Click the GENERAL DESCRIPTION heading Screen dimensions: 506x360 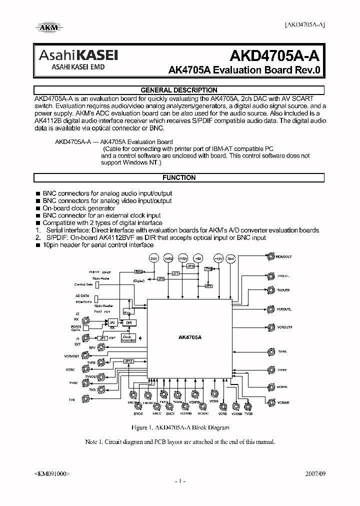(178, 90)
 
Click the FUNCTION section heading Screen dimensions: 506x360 (178, 178)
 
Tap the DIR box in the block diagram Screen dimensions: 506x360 (128, 323)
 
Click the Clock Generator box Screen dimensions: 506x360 (128, 338)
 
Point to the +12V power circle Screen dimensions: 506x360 (218, 258)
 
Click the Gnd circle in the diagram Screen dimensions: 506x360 (230, 258)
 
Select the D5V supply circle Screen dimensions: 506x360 (153, 258)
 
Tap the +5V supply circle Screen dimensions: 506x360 (197, 258)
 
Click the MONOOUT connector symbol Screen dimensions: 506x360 (270, 257)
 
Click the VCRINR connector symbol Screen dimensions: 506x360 (270, 402)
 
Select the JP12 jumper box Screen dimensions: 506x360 (128, 361)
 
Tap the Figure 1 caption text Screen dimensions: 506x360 (180, 428)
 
